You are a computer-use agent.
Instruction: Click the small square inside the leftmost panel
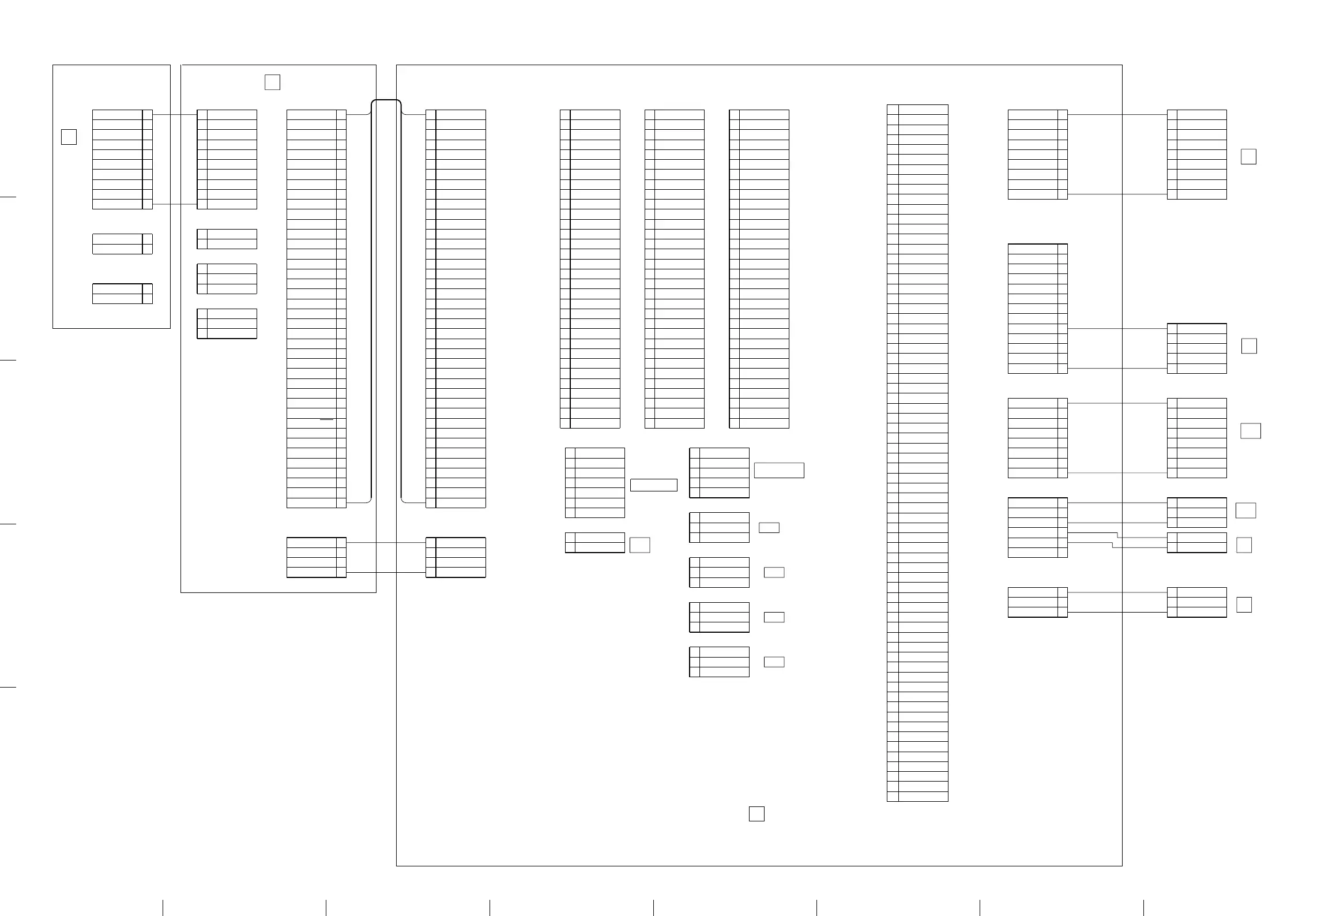coord(69,137)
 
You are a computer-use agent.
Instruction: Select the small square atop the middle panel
coord(273,82)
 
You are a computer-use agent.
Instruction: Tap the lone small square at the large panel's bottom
coord(756,813)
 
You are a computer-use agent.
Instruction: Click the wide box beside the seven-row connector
coord(654,485)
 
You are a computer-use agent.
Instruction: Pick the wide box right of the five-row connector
coord(779,470)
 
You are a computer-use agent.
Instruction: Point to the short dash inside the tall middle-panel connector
coord(327,420)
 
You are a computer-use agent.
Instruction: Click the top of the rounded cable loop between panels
coord(386,100)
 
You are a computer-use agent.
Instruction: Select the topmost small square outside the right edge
coord(1248,157)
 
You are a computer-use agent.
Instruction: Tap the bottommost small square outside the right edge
coord(1244,605)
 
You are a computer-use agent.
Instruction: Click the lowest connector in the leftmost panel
coord(122,294)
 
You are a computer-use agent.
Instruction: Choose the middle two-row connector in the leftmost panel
coord(122,244)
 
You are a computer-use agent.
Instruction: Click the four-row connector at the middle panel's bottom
coord(317,557)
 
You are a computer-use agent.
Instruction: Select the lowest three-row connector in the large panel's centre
coord(719,662)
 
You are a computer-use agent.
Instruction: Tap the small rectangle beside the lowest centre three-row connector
coord(774,662)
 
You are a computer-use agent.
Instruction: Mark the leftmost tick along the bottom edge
coord(163,907)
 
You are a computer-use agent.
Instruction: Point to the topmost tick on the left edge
coord(7,197)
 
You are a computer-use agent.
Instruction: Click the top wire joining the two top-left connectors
coord(175,115)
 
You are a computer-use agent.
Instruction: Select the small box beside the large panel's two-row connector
coord(639,545)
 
